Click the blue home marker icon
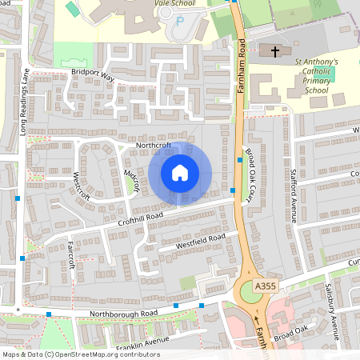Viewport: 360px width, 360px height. point(179,173)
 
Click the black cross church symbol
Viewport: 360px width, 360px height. point(275,52)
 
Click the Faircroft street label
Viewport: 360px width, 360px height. point(71,254)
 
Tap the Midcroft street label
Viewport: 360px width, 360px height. point(133,181)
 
